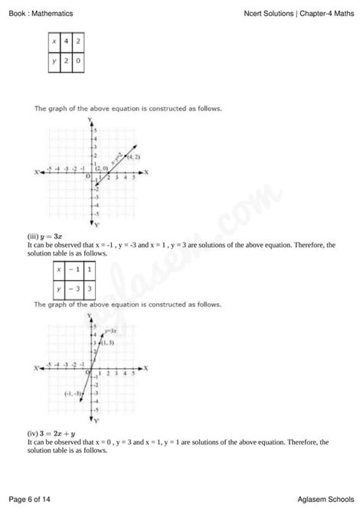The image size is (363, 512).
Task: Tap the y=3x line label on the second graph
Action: (110, 331)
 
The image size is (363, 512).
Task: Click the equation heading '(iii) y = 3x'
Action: (43, 237)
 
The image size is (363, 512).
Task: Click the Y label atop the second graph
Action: (90, 316)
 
